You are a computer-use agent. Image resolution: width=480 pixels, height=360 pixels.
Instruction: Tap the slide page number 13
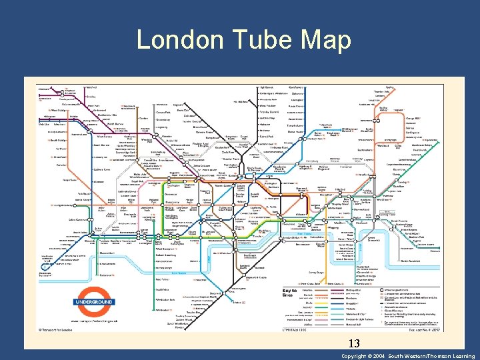(354, 344)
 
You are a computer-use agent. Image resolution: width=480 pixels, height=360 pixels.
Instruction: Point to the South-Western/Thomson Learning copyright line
(409, 356)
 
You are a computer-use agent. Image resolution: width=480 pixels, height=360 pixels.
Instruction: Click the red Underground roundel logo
(94, 302)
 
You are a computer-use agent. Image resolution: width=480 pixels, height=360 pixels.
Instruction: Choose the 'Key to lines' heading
(290, 293)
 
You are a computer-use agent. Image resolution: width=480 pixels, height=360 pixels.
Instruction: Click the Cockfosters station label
(297, 87)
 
